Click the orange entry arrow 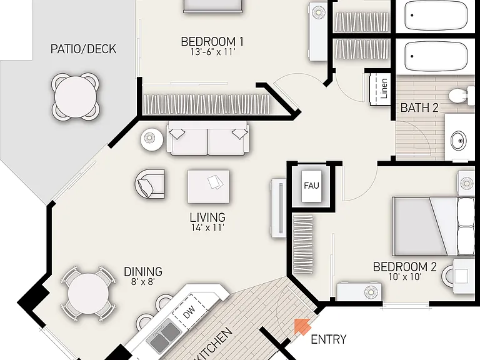(x=302, y=326)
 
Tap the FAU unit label (x=311, y=186)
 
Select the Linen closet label (x=384, y=89)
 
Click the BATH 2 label (x=419, y=107)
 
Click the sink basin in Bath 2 (x=459, y=140)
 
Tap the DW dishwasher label (x=189, y=313)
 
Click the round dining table (x=88, y=294)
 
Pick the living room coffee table (x=209, y=187)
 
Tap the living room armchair (x=149, y=184)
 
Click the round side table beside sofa (x=152, y=139)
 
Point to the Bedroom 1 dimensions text (x=212, y=52)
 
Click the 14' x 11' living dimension (x=207, y=227)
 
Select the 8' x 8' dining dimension (x=142, y=281)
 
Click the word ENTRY (x=329, y=339)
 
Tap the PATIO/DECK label (x=83, y=49)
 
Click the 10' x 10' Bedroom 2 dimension (x=405, y=277)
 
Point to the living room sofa (x=208, y=138)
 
